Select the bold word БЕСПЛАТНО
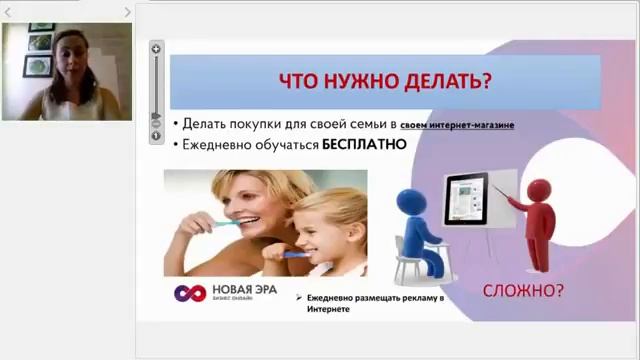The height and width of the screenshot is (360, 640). (x=363, y=144)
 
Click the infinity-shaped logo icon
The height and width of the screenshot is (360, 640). (x=190, y=293)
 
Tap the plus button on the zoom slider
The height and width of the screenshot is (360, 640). (x=157, y=48)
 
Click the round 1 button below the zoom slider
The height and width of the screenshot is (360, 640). (x=157, y=135)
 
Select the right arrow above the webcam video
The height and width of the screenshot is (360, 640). (x=128, y=12)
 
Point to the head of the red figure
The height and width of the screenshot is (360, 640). (x=538, y=190)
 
